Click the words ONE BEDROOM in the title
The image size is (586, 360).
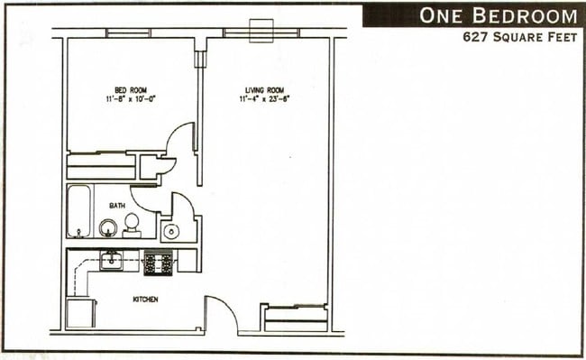[x=497, y=15]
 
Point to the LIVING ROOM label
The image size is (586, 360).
[x=265, y=88]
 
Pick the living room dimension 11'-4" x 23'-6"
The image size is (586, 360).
[x=265, y=99]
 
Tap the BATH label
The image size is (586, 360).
[x=117, y=206]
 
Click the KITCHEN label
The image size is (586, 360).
[x=145, y=298]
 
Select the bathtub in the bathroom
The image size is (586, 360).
[x=78, y=210]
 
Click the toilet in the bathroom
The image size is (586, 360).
[x=132, y=224]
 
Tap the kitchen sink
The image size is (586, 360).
[x=112, y=261]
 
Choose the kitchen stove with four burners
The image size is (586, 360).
[x=159, y=262]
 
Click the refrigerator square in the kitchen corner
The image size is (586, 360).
[x=81, y=313]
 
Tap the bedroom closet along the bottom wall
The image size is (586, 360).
[x=101, y=167]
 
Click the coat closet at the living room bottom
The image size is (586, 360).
[x=294, y=318]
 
